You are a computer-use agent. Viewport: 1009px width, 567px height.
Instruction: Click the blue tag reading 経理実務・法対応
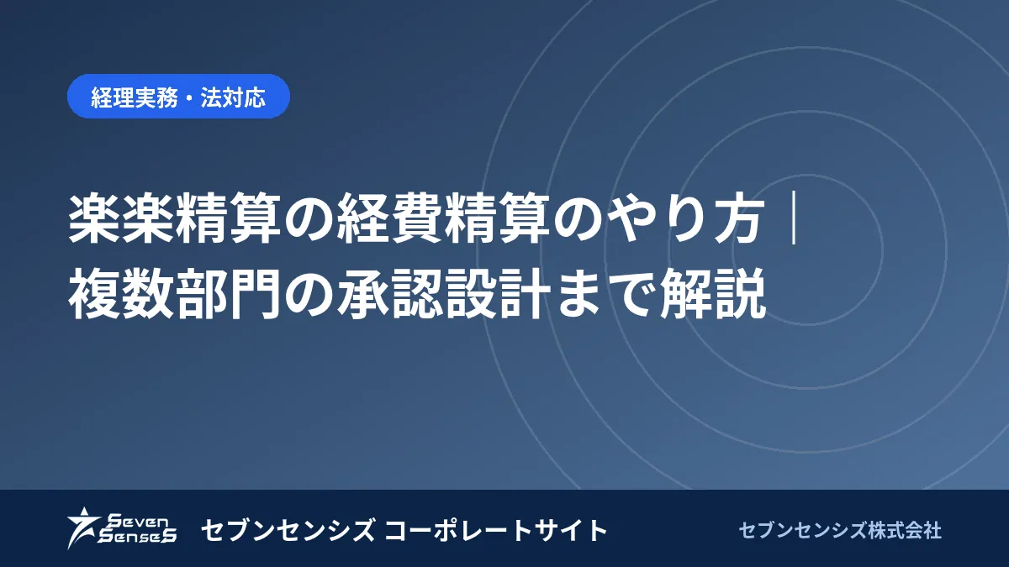[x=178, y=97]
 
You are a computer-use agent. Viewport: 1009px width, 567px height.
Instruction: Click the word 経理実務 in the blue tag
[x=135, y=97]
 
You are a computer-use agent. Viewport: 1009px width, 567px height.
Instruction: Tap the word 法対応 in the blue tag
[x=233, y=97]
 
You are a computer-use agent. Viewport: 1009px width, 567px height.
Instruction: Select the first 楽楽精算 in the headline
[x=175, y=219]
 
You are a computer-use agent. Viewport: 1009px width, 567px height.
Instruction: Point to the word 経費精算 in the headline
[x=442, y=219]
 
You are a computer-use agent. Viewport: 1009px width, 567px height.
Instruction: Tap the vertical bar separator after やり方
[x=794, y=219]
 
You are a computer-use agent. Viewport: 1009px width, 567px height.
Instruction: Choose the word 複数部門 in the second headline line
[x=175, y=293]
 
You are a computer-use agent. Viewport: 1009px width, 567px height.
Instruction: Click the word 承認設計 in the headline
[x=442, y=293]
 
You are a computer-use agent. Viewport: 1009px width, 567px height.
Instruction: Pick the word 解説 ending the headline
[x=713, y=293]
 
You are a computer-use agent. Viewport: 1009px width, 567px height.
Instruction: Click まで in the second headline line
[x=604, y=293]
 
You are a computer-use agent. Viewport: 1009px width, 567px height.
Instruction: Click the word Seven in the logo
[x=139, y=522]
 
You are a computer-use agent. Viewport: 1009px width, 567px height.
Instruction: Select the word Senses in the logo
[x=137, y=536]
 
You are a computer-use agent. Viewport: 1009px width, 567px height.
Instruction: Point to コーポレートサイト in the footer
[x=496, y=530]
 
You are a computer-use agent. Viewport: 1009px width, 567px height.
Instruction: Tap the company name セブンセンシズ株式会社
[x=840, y=531]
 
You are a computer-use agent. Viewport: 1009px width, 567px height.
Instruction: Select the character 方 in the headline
[x=740, y=219]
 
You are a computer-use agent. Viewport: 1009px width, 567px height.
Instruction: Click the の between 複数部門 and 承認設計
[x=309, y=294]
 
